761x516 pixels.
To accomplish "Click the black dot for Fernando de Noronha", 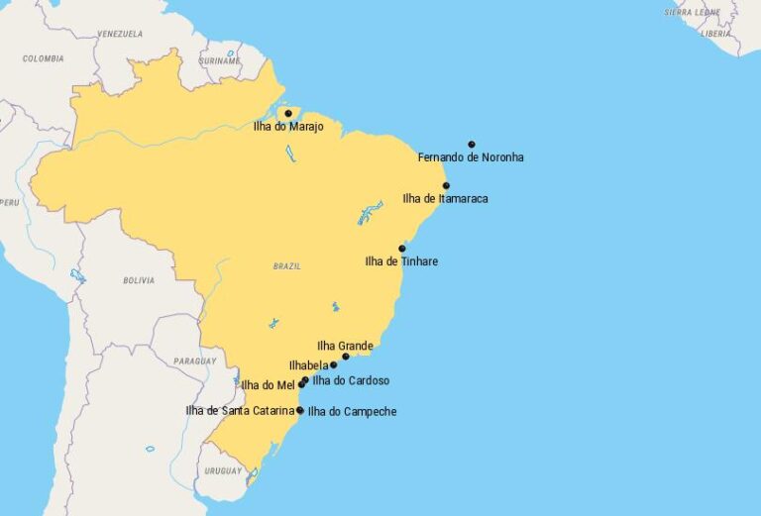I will [x=472, y=145].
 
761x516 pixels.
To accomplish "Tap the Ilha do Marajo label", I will [x=288, y=127].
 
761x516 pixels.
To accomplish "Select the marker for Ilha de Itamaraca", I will [x=446, y=185].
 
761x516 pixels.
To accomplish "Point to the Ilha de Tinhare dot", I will [x=402, y=249].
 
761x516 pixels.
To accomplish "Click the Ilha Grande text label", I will [x=345, y=346].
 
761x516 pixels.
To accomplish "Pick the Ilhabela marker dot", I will [x=333, y=364].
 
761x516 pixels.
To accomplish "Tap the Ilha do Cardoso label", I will [x=351, y=380].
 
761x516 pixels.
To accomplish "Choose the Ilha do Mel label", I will [x=269, y=385].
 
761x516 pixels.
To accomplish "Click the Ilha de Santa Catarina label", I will [x=240, y=410].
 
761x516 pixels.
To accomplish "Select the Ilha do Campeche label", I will [x=352, y=411].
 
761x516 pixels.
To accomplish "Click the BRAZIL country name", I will [x=286, y=266].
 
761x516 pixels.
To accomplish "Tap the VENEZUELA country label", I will [x=120, y=35].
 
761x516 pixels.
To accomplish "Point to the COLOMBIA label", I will [x=44, y=59].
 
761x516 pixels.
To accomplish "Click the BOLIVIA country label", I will [x=139, y=280].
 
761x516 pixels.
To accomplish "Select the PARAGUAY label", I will [x=194, y=361].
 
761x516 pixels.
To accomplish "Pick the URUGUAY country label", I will [x=223, y=471].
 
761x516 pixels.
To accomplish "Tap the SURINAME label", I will [x=220, y=59].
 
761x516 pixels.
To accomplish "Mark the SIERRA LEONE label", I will [x=691, y=13].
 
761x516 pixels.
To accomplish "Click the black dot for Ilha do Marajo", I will [x=288, y=113].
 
